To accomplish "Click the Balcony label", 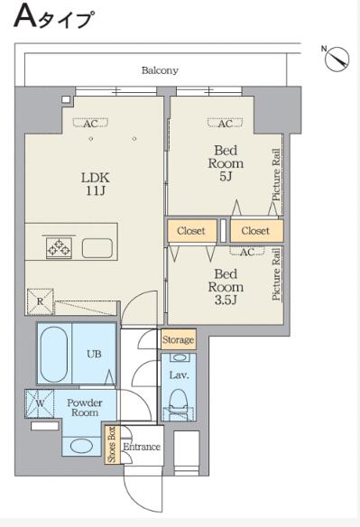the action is click(x=160, y=70).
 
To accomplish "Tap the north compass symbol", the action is click(x=337, y=59).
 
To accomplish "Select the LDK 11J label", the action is click(x=95, y=184).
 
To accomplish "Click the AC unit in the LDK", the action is click(x=91, y=123).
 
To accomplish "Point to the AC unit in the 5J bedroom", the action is click(x=226, y=123).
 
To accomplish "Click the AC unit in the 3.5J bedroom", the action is click(x=246, y=251).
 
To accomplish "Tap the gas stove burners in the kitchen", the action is click(x=60, y=247).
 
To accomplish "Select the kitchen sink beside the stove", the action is click(x=97, y=247).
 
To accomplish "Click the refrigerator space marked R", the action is click(x=40, y=301).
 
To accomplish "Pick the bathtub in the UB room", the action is click(x=54, y=354).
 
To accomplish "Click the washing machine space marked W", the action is click(x=40, y=403).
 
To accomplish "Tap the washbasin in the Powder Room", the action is click(x=82, y=447).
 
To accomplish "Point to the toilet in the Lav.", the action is click(x=178, y=402).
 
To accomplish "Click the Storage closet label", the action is click(x=178, y=340).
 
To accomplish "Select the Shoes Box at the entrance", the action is click(x=111, y=445).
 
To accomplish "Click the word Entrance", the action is click(x=141, y=447).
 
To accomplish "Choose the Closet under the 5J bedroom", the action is click(x=256, y=231).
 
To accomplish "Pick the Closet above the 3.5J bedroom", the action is click(x=191, y=231).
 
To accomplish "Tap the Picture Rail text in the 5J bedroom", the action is click(x=276, y=175).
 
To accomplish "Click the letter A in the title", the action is click(x=25, y=17).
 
